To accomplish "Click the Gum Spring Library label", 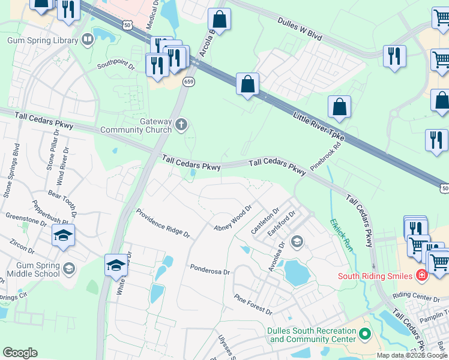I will point(42,41).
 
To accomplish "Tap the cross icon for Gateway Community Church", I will point(181,125).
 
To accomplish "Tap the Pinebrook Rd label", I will point(326,155).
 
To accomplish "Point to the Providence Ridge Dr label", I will point(163,223).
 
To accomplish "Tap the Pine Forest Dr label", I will point(253,305).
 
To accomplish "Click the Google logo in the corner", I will point(20,353).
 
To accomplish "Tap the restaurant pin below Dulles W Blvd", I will point(394,56).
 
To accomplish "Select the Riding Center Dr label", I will point(417,296).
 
